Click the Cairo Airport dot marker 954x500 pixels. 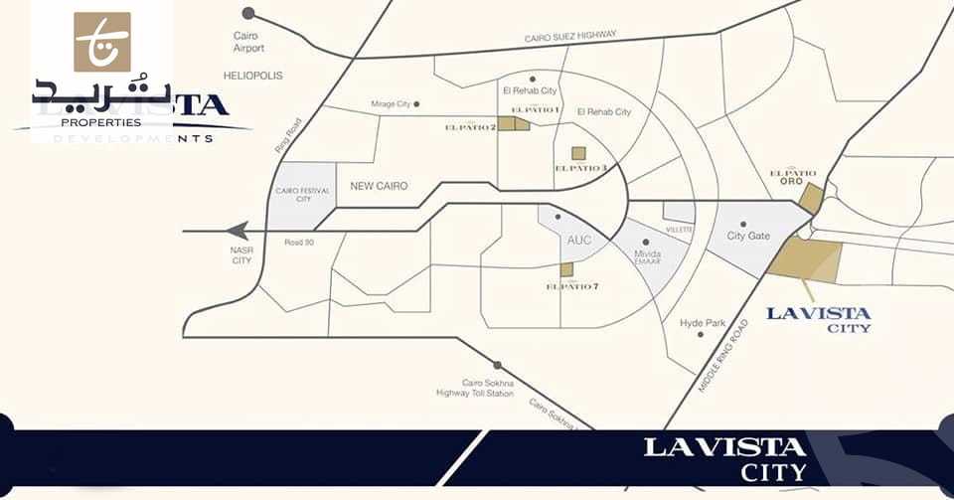click(x=248, y=13)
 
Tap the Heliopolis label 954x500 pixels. click(x=253, y=76)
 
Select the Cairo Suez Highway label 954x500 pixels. click(x=571, y=37)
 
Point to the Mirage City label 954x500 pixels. click(x=390, y=104)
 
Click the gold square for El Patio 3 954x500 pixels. click(x=578, y=153)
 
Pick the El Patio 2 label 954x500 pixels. click(x=469, y=126)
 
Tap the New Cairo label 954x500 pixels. click(x=380, y=186)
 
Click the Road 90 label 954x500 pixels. click(x=299, y=242)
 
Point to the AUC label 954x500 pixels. click(x=578, y=241)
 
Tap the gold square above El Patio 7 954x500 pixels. click(x=566, y=269)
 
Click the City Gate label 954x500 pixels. click(x=748, y=237)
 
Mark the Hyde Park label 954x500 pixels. click(x=703, y=323)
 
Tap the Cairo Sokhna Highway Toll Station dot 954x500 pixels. click(x=497, y=365)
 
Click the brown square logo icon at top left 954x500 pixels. click(x=102, y=42)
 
